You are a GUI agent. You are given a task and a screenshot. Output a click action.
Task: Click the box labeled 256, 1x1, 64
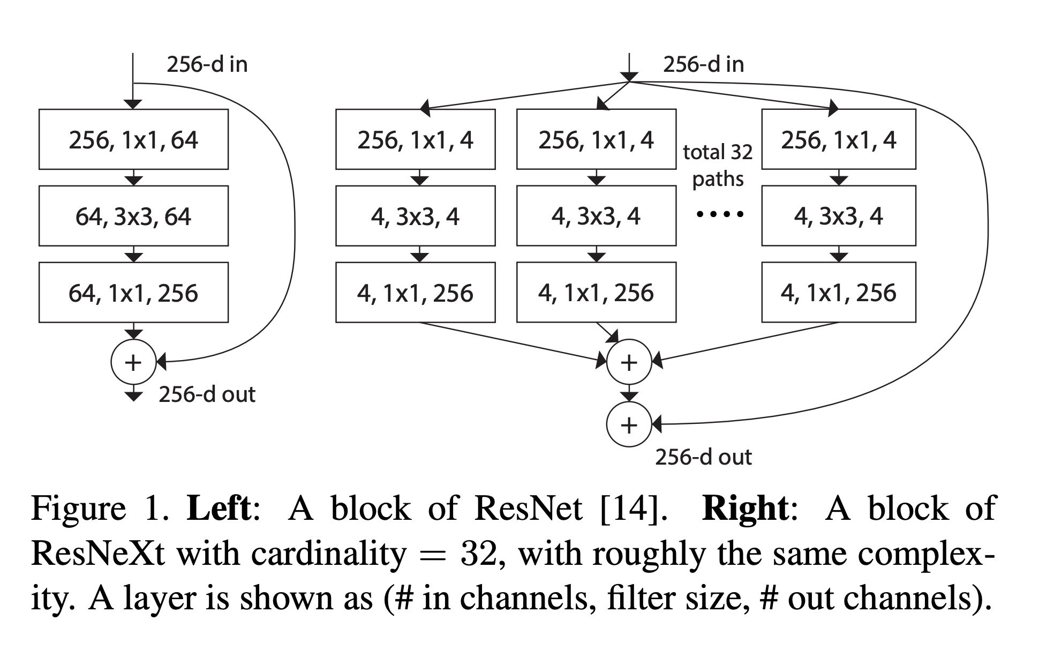[x=133, y=139]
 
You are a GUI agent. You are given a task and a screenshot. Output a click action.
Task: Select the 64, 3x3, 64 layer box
[x=133, y=216]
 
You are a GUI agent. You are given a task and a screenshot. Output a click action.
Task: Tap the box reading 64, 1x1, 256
[x=133, y=293]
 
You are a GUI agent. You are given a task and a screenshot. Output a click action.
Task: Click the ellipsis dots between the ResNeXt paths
[x=719, y=214]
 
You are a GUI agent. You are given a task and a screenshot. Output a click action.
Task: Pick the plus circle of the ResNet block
[x=133, y=362]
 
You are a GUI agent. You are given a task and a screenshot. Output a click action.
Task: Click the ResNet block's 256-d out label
[x=207, y=394]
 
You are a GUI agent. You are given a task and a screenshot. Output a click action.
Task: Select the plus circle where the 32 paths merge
[x=629, y=362]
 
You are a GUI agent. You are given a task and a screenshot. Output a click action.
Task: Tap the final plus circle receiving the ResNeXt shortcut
[x=629, y=424]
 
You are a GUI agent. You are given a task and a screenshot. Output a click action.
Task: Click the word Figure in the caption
[x=78, y=508]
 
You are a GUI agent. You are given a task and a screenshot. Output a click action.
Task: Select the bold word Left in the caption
[x=219, y=508]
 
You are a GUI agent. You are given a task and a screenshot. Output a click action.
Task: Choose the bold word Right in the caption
[x=745, y=508]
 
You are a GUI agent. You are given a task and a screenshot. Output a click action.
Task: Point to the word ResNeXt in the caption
[x=98, y=553]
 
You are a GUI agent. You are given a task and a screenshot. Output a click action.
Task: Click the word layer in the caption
[x=160, y=598]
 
